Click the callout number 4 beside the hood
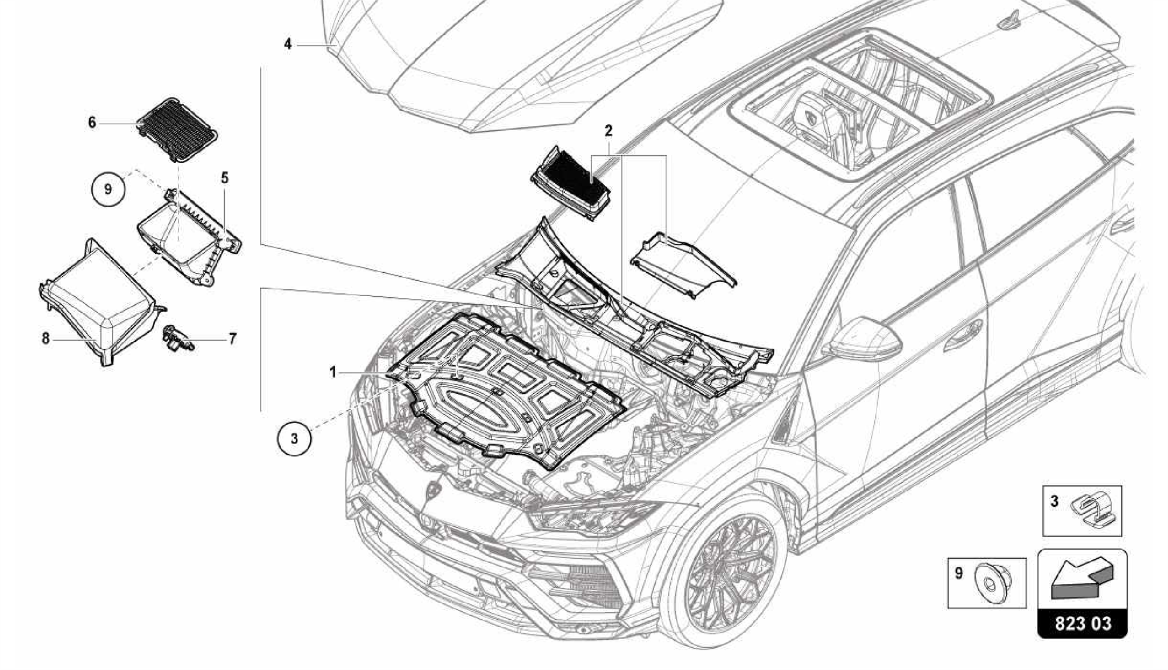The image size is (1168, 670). coord(288,44)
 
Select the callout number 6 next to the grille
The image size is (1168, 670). coord(92,123)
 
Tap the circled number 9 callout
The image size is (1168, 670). coord(108,188)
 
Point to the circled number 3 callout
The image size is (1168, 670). coord(294,438)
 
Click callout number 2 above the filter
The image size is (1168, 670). coord(609,131)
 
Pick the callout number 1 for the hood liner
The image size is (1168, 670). coord(332,372)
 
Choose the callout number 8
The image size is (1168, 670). coord(46,338)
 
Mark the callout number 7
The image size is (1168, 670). coord(232,339)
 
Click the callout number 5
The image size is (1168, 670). coord(225,178)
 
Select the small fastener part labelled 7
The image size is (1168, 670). coord(177,338)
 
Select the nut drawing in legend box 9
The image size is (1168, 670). coord(992,582)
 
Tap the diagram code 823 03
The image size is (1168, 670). coord(1082,623)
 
